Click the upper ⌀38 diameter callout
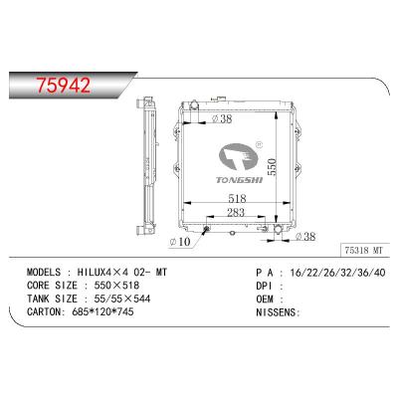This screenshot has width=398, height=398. click(224, 119)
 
